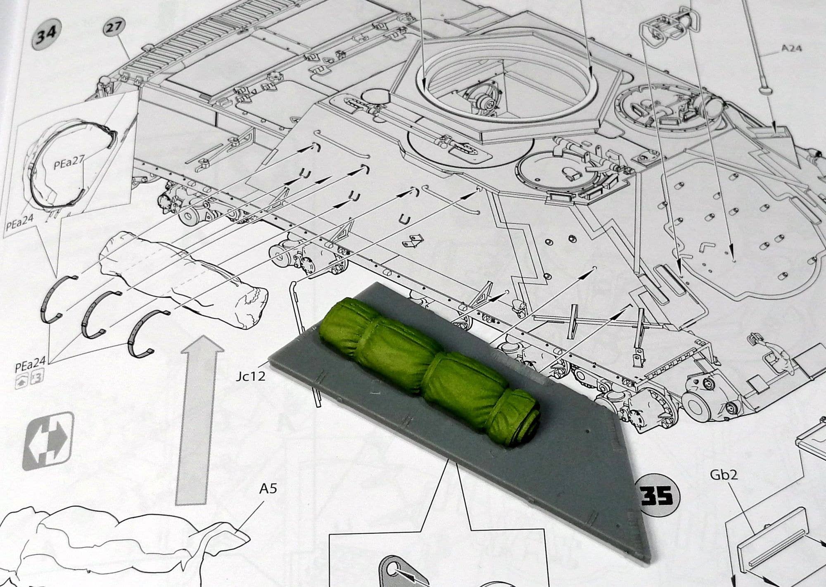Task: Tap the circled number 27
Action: tap(114, 28)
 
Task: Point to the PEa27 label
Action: tap(69, 165)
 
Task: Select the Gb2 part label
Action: tap(724, 475)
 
